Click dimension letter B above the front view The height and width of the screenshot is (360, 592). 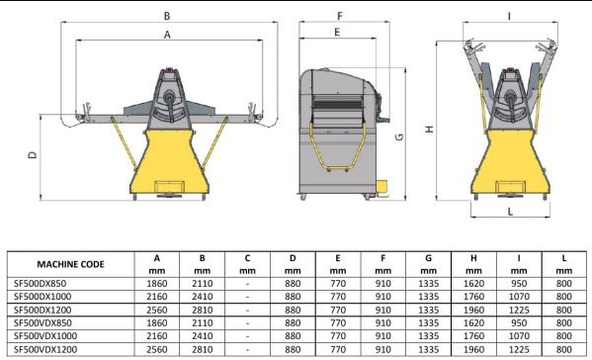coord(167,16)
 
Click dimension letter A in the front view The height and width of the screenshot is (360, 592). coord(167,35)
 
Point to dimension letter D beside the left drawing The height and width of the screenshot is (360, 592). coord(33,155)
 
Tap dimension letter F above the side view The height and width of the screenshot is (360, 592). coord(340,16)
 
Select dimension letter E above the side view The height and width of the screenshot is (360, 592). coord(337,33)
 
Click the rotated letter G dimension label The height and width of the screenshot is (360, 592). coord(399,137)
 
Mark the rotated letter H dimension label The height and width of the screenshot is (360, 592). coord(429,130)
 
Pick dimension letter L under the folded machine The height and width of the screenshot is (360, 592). coord(510,212)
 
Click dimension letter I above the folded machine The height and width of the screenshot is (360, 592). coord(509,16)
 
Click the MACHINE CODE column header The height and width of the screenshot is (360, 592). coord(70,264)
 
